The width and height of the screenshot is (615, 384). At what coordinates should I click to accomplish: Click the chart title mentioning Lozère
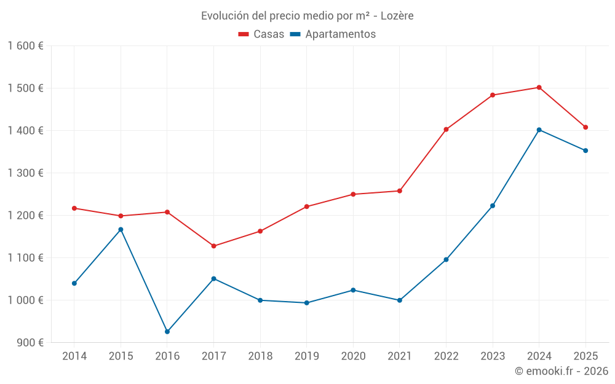tap(307, 15)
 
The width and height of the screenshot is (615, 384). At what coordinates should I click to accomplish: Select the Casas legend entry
tap(261, 34)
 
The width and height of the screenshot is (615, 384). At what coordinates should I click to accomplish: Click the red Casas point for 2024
tap(539, 87)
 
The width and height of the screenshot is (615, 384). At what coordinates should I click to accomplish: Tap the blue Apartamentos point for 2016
tap(167, 332)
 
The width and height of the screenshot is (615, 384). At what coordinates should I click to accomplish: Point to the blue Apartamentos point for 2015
tap(121, 230)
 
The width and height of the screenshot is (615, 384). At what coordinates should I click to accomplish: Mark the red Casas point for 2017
tap(213, 246)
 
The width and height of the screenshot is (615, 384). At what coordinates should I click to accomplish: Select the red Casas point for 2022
tap(446, 130)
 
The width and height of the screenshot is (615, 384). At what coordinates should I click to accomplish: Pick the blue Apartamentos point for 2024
tap(539, 130)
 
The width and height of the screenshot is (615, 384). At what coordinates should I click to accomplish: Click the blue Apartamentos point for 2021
tap(400, 300)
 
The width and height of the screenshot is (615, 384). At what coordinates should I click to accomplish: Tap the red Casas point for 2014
tap(74, 208)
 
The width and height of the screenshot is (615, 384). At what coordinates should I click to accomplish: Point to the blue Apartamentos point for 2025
tap(585, 151)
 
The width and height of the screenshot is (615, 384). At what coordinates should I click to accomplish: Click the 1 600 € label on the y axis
tap(25, 46)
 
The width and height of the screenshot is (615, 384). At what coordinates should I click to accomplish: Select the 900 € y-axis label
tap(29, 343)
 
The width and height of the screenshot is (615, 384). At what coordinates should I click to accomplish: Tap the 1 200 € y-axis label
tap(25, 216)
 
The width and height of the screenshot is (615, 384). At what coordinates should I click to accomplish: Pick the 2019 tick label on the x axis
tap(306, 356)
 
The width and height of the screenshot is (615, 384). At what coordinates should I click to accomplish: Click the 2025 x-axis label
tap(585, 356)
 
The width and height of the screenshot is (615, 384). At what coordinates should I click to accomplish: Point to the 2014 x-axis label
tap(74, 356)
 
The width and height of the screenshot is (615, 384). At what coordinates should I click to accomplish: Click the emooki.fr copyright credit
tap(561, 371)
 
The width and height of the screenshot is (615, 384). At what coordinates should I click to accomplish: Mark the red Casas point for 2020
tap(353, 194)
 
